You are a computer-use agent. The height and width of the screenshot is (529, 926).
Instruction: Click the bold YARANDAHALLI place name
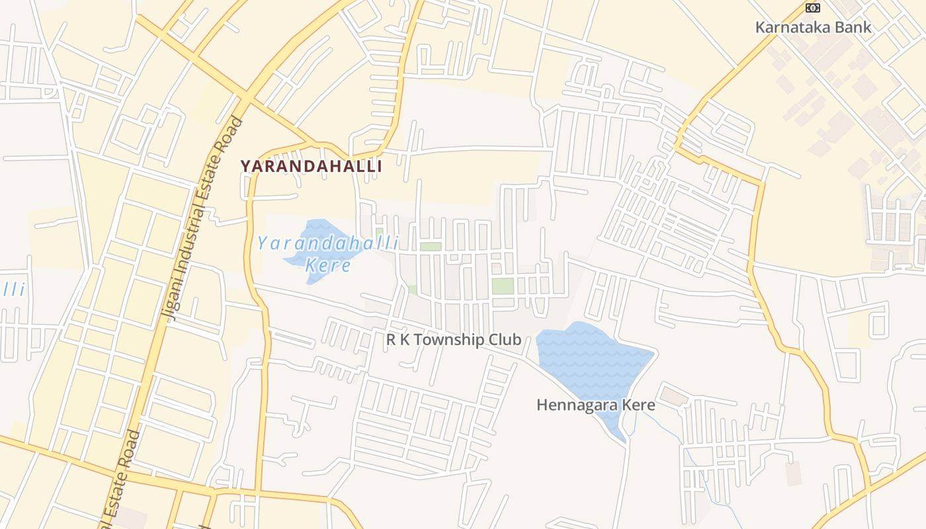[311, 166]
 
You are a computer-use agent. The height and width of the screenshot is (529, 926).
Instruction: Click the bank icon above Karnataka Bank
[812, 8]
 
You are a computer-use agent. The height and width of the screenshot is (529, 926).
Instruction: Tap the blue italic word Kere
[327, 266]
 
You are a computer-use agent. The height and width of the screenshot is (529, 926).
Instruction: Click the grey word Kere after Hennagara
[640, 405]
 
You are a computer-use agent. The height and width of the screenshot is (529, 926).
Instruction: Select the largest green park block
[503, 286]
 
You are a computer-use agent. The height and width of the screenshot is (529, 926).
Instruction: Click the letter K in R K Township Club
[405, 340]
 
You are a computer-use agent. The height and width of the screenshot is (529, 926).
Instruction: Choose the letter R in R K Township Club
[391, 340]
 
